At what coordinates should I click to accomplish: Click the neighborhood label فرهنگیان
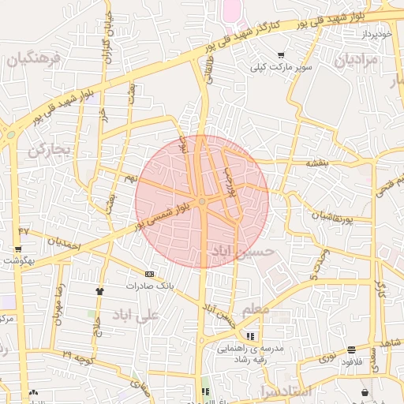(x=32, y=60)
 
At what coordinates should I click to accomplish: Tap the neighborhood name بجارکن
(x=49, y=149)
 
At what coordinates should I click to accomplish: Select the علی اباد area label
(x=136, y=315)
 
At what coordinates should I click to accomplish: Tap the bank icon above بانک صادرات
(x=149, y=274)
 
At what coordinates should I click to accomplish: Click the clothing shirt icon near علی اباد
(x=99, y=291)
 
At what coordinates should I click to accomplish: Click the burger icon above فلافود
(x=351, y=350)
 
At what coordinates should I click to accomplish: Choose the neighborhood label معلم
(x=256, y=310)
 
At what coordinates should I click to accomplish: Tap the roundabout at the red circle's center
(x=203, y=203)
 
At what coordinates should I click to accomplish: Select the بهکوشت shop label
(x=16, y=260)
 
